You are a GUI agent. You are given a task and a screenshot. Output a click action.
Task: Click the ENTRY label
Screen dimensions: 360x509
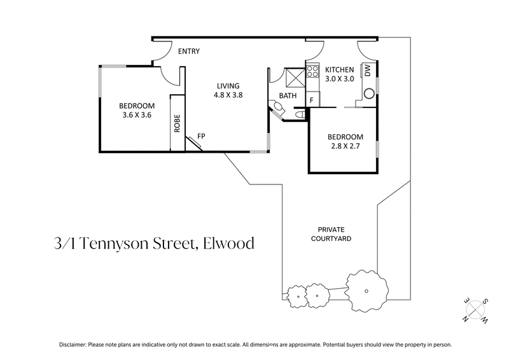[189, 52]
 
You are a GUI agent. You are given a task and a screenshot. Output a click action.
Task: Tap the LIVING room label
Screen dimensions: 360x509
[228, 86]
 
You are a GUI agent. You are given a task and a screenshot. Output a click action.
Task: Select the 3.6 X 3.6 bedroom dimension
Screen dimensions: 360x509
[137, 115]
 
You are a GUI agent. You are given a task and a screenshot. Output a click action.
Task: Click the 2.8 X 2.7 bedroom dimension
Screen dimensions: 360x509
[345, 146]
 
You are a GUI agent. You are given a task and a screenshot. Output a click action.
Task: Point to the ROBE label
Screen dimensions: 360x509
[178, 123]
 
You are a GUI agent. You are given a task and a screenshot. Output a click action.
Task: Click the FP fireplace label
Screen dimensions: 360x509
[201, 136]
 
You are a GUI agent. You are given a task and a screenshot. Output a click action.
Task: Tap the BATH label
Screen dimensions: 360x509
[288, 96]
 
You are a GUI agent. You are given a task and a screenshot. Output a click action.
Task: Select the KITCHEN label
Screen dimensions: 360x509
[340, 69]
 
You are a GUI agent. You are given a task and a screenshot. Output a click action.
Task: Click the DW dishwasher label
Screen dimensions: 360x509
[368, 71]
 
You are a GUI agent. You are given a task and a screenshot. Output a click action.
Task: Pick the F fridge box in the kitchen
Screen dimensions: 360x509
[312, 100]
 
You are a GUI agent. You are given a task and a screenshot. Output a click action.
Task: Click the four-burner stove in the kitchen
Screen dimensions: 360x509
[312, 71]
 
